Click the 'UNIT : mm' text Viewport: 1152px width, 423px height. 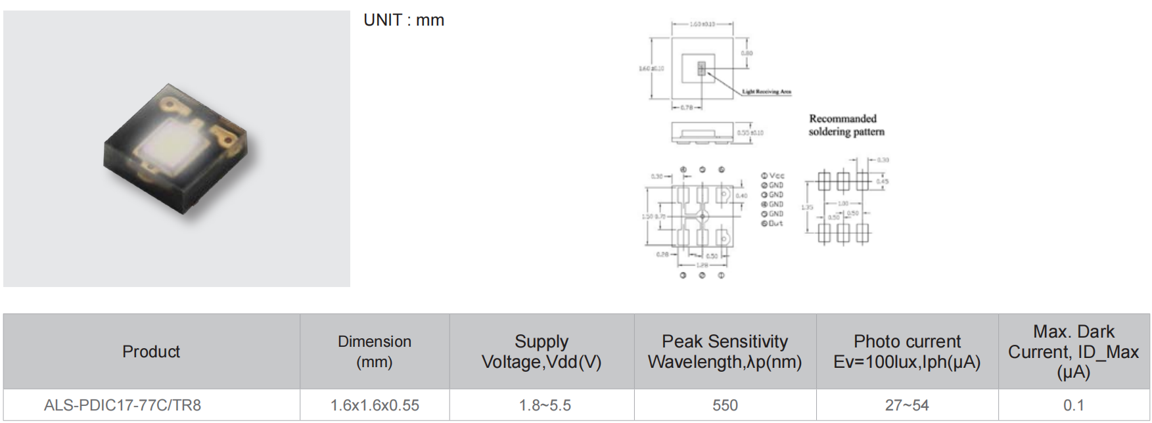(x=403, y=20)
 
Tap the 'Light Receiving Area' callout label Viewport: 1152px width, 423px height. (x=766, y=92)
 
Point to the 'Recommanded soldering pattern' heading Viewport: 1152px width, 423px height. (x=846, y=125)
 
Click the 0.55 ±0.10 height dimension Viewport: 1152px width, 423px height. (x=750, y=133)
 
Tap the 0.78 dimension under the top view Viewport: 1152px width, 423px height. (x=685, y=107)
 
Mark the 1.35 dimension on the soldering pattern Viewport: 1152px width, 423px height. (x=807, y=207)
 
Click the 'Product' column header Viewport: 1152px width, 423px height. (x=151, y=351)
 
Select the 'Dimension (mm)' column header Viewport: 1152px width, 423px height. (x=375, y=351)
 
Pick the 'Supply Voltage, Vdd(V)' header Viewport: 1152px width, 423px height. (x=541, y=351)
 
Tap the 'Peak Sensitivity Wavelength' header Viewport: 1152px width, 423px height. (x=725, y=351)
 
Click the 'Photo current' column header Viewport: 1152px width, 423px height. (x=907, y=351)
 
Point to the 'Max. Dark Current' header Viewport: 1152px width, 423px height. (x=1073, y=351)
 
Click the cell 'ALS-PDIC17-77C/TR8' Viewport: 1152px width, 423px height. (x=122, y=405)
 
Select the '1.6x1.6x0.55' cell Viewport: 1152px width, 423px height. (x=375, y=405)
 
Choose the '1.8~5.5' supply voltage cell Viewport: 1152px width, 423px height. (x=545, y=405)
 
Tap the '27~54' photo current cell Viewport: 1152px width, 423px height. (x=907, y=405)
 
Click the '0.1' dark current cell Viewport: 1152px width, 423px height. (x=1073, y=405)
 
